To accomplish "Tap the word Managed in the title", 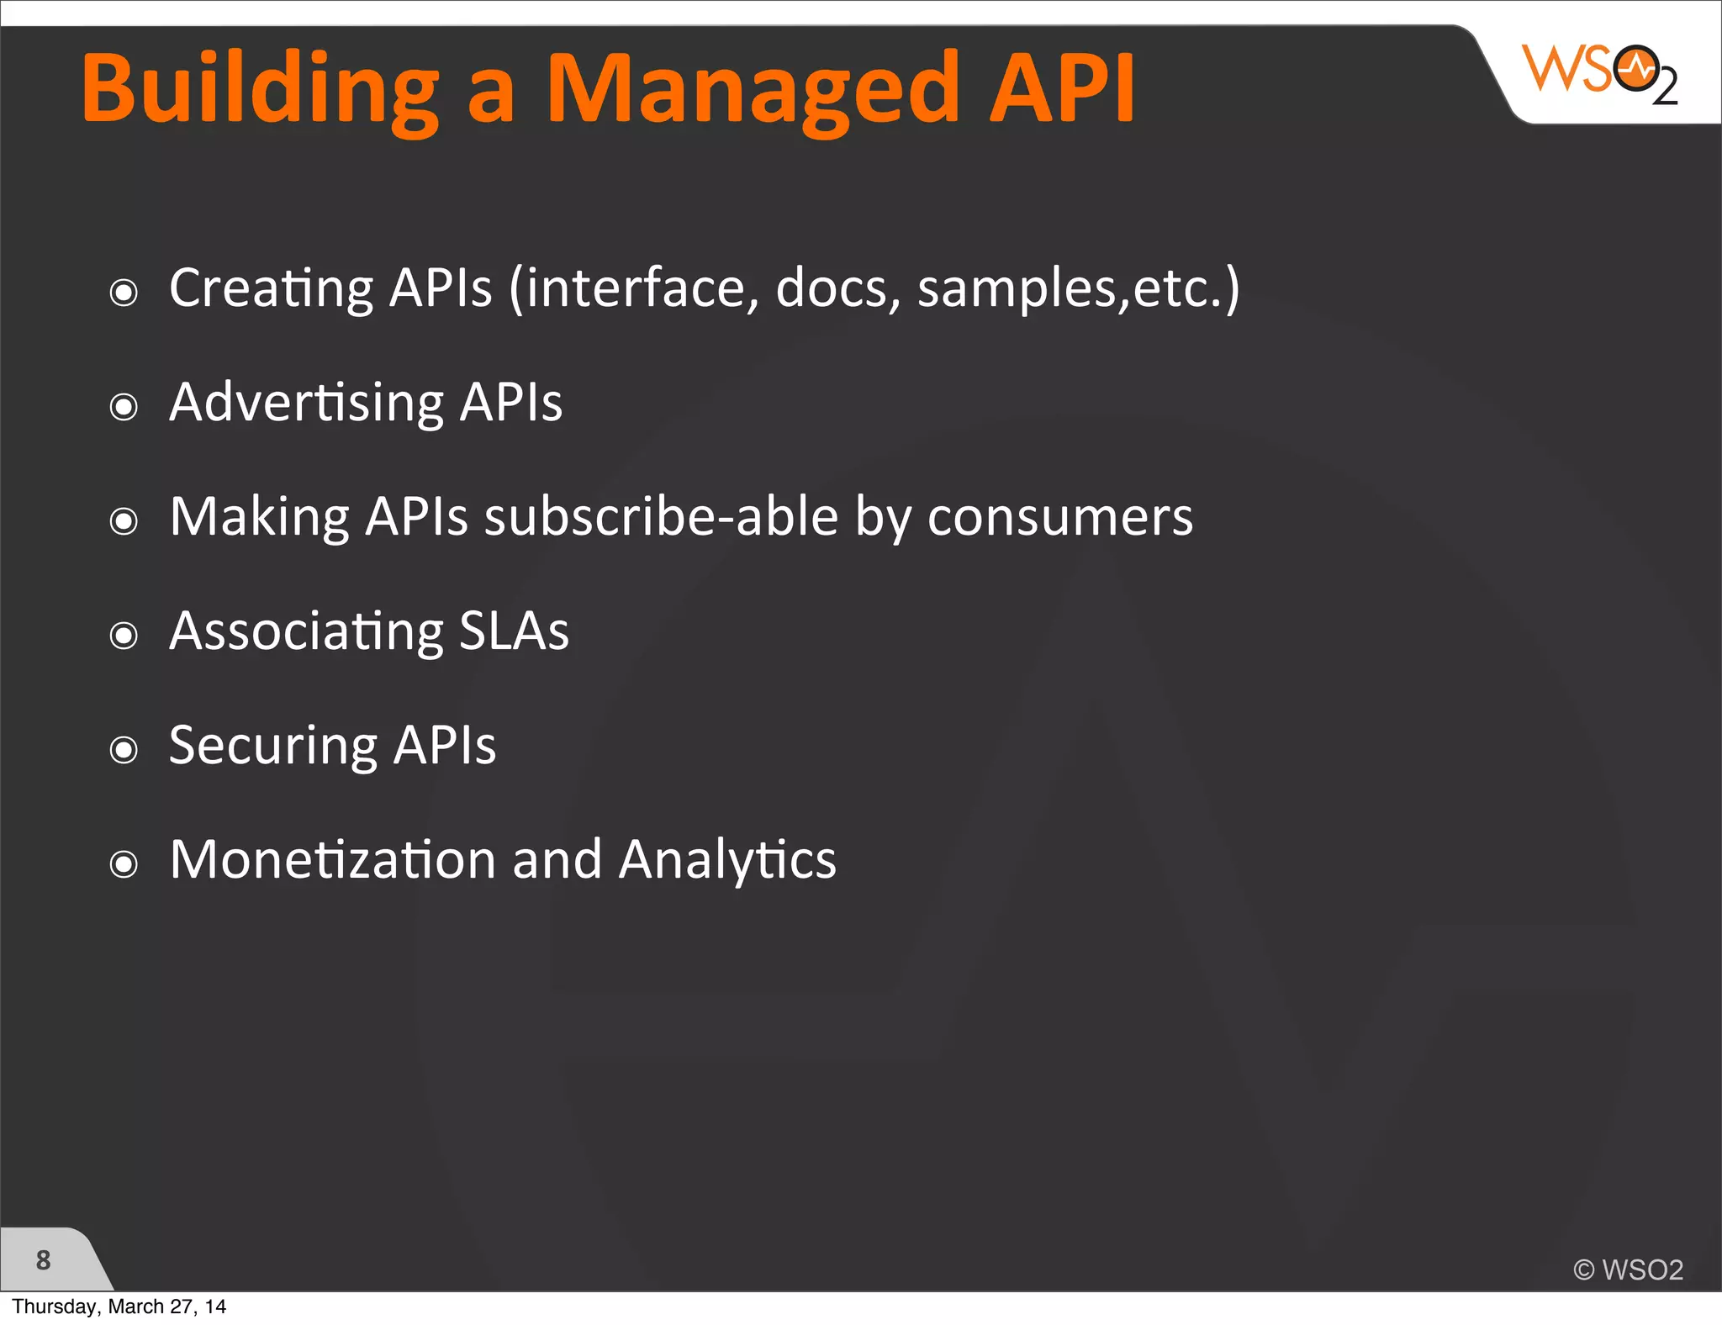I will point(753,89).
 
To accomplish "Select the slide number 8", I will point(44,1259).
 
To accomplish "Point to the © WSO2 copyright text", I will point(1628,1270).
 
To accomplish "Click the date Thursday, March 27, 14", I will point(119,1307).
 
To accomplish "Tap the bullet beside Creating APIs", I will point(124,293).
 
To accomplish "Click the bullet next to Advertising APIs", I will point(124,407).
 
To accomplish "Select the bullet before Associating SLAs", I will point(124,636).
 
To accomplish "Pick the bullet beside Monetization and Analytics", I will point(124,864).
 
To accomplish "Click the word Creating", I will point(271,288).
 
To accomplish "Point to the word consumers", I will point(1059,516).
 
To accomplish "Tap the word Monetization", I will point(333,859).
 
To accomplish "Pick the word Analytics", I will point(727,859).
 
